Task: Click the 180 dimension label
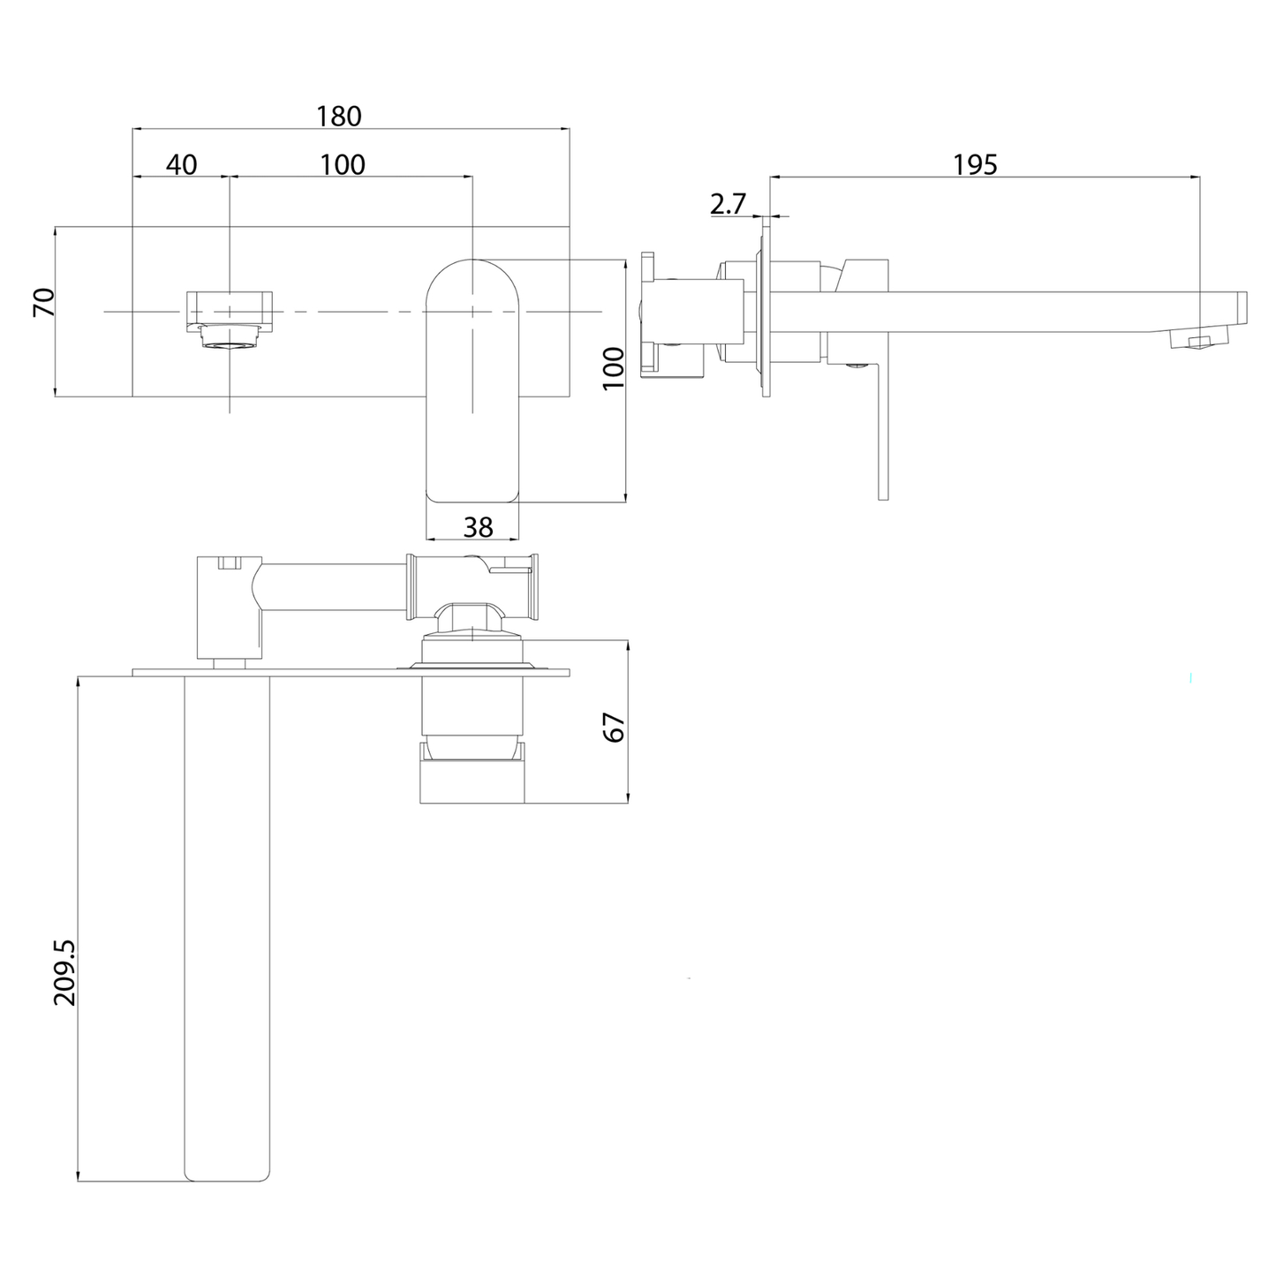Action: click(x=340, y=116)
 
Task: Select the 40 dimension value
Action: click(x=181, y=164)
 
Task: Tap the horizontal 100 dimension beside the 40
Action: click(x=343, y=164)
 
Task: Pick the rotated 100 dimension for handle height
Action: click(x=613, y=368)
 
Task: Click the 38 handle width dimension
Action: click(x=478, y=527)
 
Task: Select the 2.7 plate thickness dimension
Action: click(x=728, y=204)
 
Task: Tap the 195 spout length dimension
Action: click(x=976, y=164)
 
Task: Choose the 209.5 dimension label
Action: click(x=65, y=972)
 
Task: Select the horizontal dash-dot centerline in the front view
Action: click(x=353, y=312)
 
